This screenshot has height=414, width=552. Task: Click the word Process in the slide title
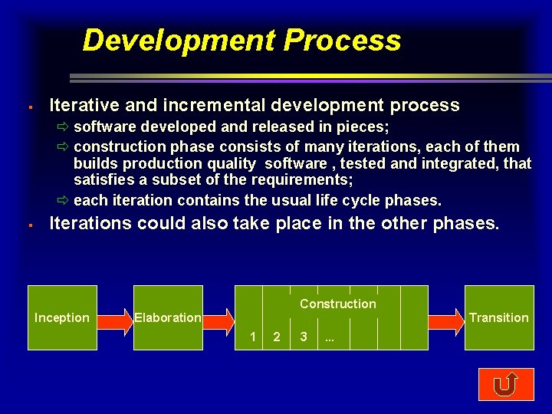click(x=342, y=40)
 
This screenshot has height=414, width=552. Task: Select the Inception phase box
click(x=62, y=317)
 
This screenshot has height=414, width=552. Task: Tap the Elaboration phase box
click(x=168, y=317)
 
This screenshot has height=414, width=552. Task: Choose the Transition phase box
click(x=499, y=317)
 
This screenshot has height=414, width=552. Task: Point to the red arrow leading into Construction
click(x=218, y=317)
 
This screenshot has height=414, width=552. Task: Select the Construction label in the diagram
click(x=338, y=304)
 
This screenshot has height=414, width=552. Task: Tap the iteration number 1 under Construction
click(x=252, y=337)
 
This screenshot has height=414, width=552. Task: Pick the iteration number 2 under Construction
click(x=277, y=337)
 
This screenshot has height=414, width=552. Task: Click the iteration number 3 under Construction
click(x=304, y=337)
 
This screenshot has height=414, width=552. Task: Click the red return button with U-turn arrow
click(x=505, y=384)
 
